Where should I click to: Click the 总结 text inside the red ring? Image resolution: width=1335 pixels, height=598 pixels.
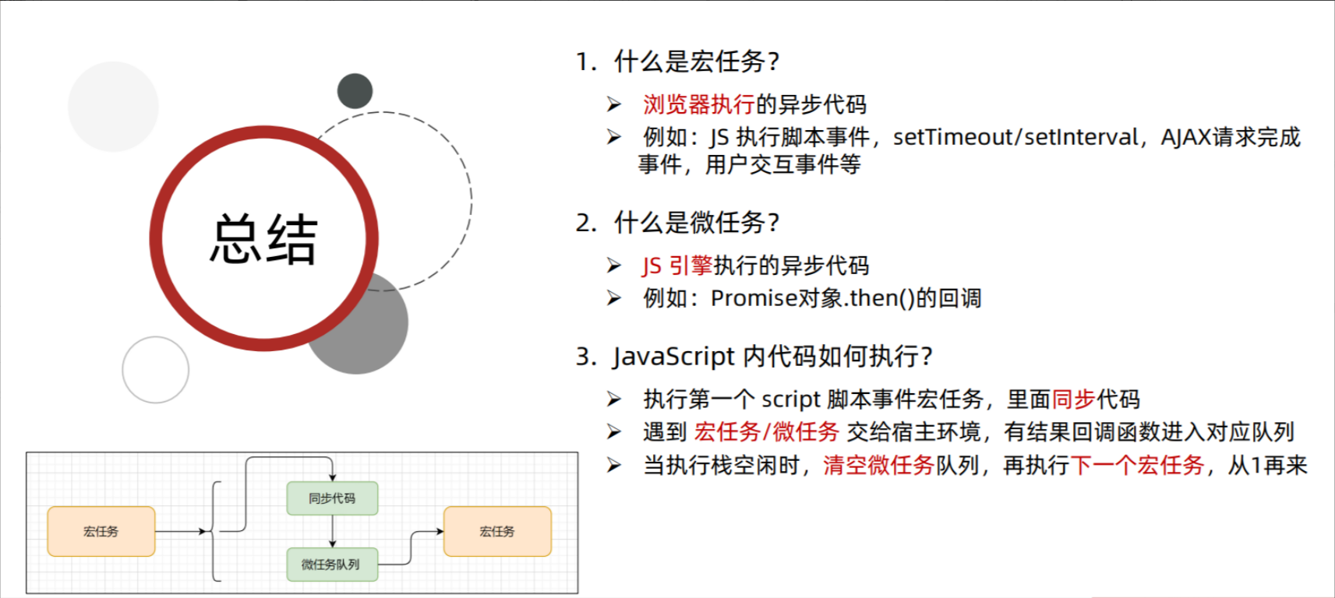pos(263,240)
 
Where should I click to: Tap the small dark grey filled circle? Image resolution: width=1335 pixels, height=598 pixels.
pos(355,91)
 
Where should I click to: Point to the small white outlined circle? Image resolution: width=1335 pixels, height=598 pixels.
pos(156,370)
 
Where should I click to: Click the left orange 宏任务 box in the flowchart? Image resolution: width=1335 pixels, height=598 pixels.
pos(101,531)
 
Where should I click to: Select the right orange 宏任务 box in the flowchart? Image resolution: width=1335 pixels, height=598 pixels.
pos(497,531)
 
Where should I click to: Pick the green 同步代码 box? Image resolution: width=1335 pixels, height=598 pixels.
pos(332,498)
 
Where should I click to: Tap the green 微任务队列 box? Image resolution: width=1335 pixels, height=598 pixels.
pos(331,565)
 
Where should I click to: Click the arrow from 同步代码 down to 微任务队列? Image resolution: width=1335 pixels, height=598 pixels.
pos(333,531)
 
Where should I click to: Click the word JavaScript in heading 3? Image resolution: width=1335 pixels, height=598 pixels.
pos(673,357)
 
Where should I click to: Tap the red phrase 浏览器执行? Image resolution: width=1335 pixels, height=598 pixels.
pos(698,104)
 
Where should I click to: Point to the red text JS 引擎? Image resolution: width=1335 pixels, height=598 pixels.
pos(677,266)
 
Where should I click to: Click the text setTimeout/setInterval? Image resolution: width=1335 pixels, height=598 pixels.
pos(1015,137)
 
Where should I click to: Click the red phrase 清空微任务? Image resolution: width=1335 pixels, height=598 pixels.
pos(878,466)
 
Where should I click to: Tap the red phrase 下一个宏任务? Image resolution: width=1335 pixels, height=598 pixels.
pos(1138,466)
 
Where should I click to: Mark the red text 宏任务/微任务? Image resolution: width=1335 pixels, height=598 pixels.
pos(766,431)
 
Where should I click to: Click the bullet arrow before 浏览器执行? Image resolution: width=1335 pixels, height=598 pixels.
pos(614,104)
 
